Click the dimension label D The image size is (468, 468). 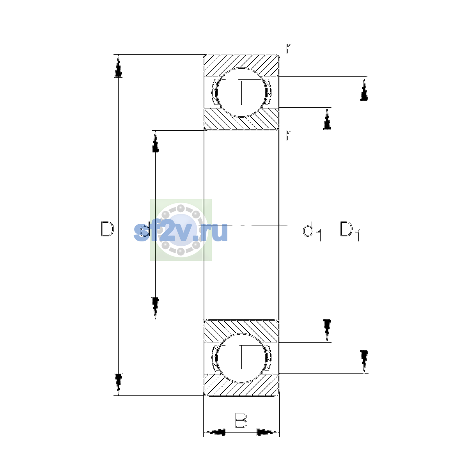tap(107, 229)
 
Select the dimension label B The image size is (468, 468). tap(241, 420)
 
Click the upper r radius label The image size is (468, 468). tap(289, 49)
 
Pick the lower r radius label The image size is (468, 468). tap(289, 136)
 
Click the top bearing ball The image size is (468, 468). tap(241, 92)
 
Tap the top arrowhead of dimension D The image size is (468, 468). tap(118, 66)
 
